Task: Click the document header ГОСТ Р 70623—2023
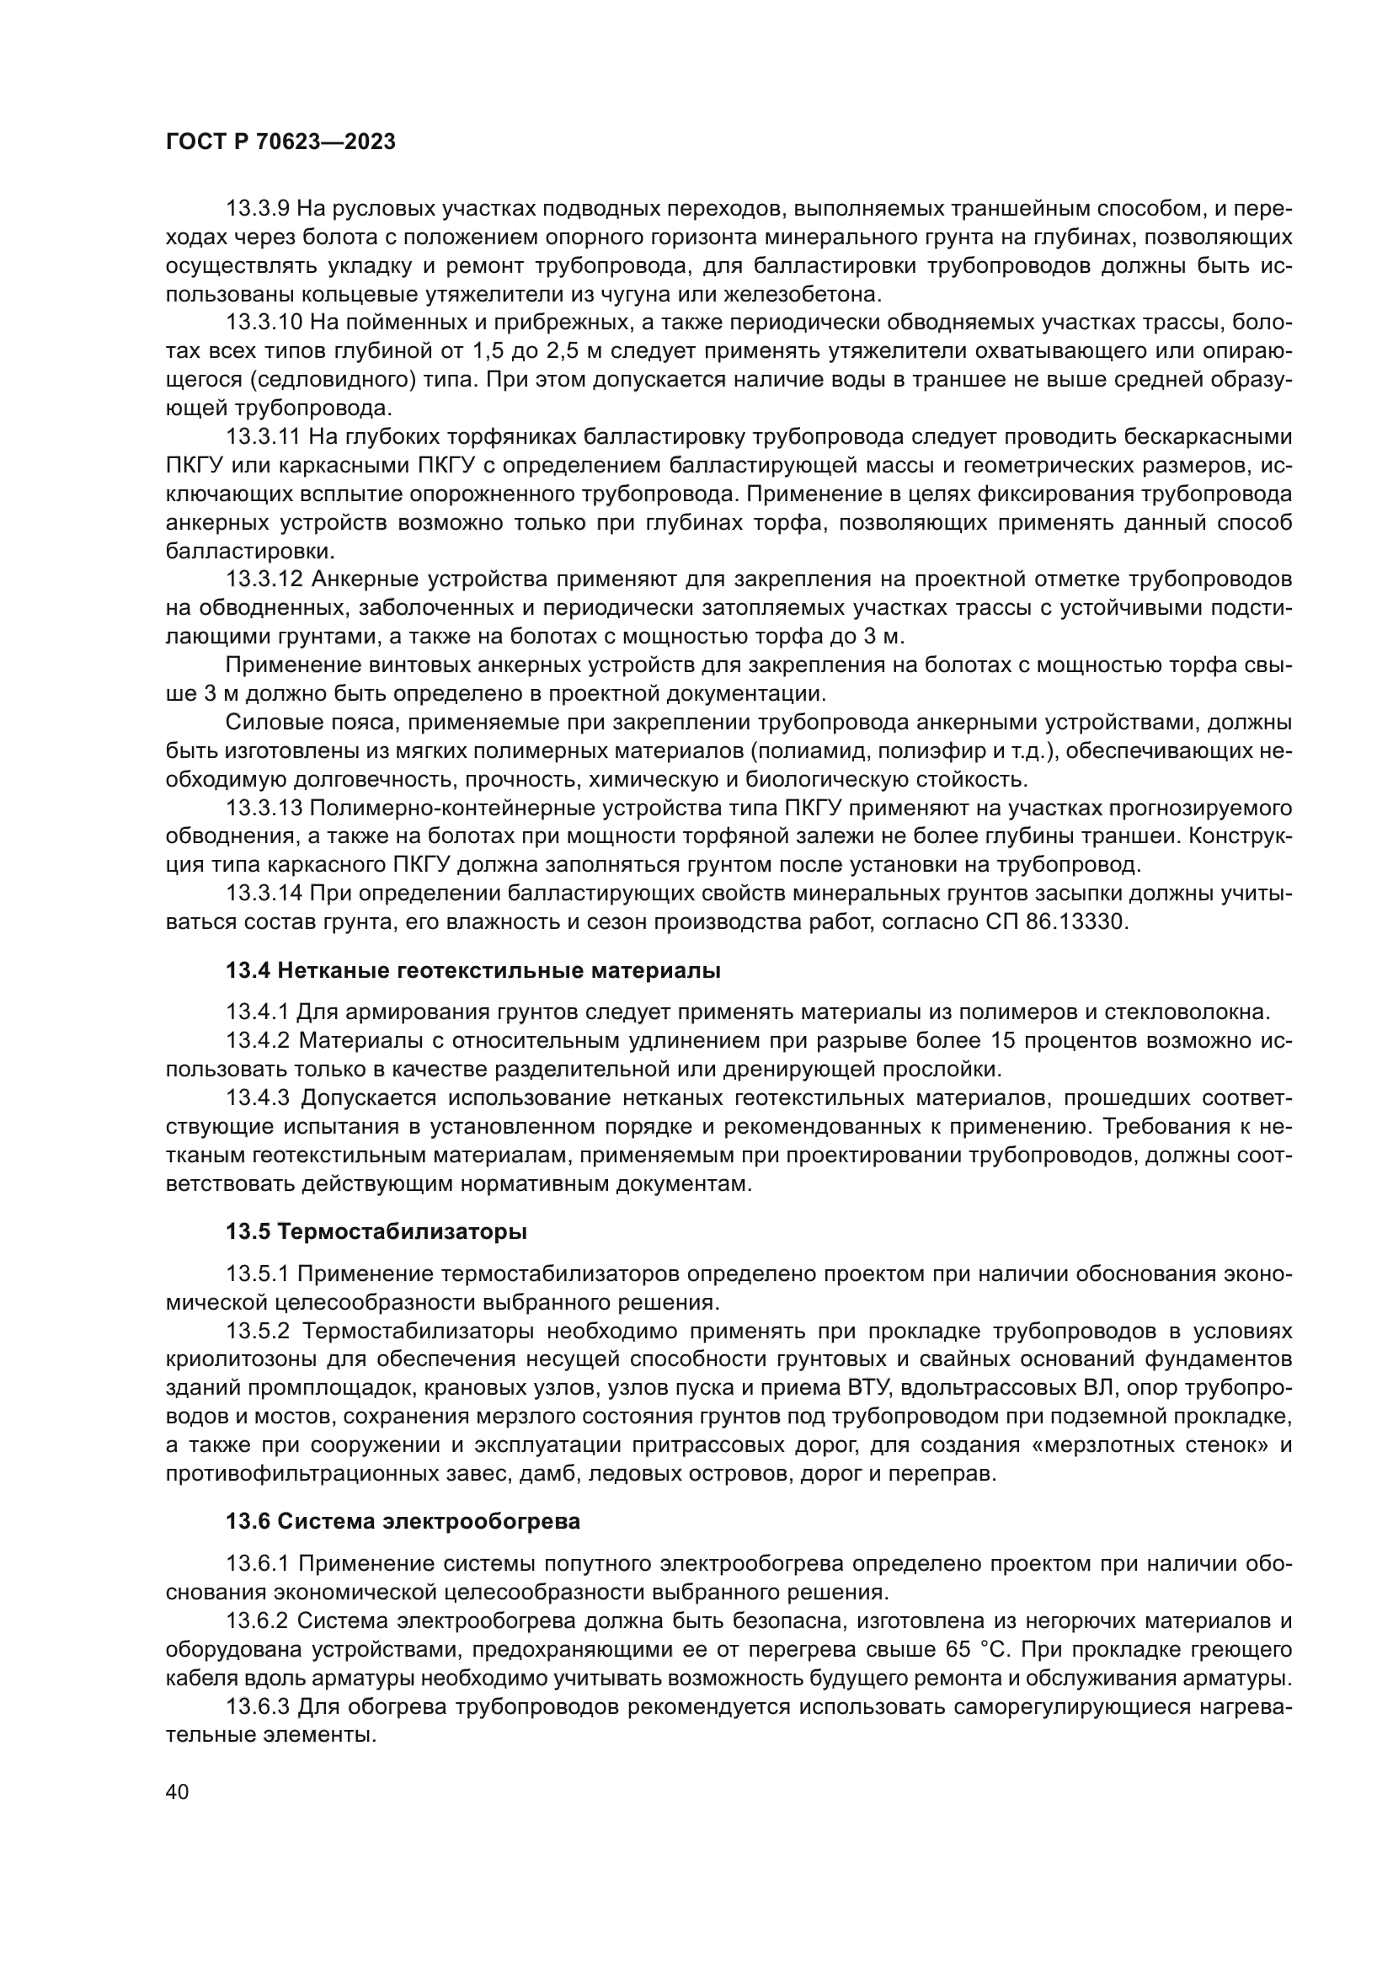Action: click(x=280, y=142)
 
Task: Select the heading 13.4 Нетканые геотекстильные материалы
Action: click(x=472, y=970)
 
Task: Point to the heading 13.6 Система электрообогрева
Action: click(x=403, y=1521)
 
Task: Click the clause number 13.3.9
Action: click(x=259, y=209)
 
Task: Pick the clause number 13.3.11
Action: click(x=264, y=437)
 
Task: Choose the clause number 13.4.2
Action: click(x=259, y=1041)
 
